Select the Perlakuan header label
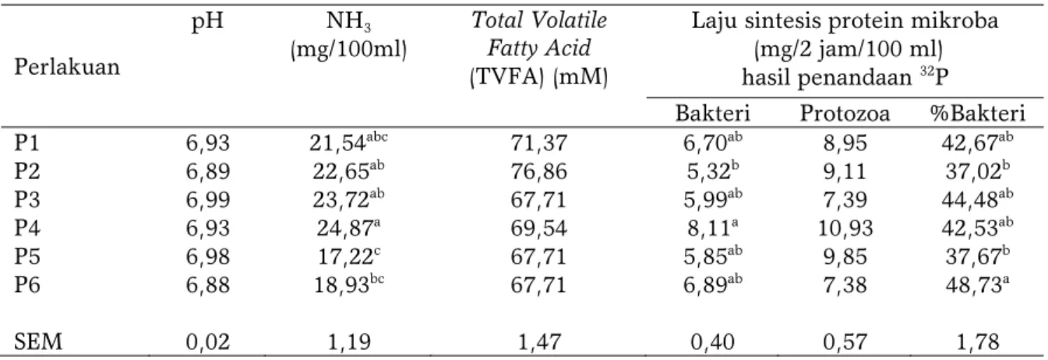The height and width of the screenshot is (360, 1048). [67, 67]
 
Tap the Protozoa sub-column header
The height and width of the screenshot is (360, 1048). [845, 114]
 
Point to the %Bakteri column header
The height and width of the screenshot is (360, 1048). [977, 114]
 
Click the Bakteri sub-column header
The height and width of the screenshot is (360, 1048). [712, 114]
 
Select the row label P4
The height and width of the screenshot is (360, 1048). [26, 228]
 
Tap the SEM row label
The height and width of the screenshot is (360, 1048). [38, 342]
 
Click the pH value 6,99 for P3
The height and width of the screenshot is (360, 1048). [208, 200]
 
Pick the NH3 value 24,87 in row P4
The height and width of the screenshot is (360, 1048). [348, 228]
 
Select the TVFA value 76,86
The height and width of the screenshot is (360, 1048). [538, 171]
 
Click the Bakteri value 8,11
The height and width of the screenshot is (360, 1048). [712, 228]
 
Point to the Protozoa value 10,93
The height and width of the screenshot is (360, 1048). [845, 228]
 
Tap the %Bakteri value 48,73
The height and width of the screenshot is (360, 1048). [977, 284]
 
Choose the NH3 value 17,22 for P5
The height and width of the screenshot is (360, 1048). [348, 256]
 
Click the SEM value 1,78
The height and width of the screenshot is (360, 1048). [977, 342]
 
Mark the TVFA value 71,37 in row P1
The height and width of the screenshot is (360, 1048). [538, 143]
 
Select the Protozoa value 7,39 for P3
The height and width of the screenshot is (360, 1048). [845, 200]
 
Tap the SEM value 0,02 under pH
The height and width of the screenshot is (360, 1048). [208, 342]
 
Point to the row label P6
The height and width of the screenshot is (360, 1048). [26, 284]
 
